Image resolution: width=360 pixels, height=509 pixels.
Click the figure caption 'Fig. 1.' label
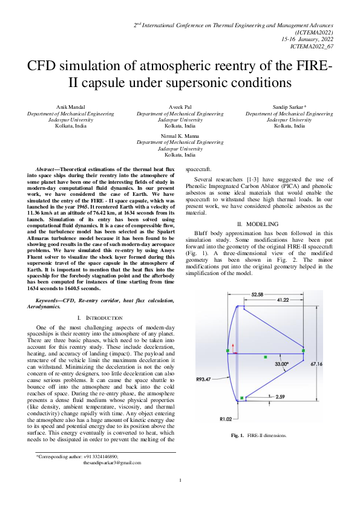[x=237, y=435]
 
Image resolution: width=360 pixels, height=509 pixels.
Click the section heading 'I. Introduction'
[x=100, y=317]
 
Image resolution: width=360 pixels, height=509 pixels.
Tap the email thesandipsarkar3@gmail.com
[x=112, y=462]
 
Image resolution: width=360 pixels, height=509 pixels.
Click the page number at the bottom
[x=180, y=481]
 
